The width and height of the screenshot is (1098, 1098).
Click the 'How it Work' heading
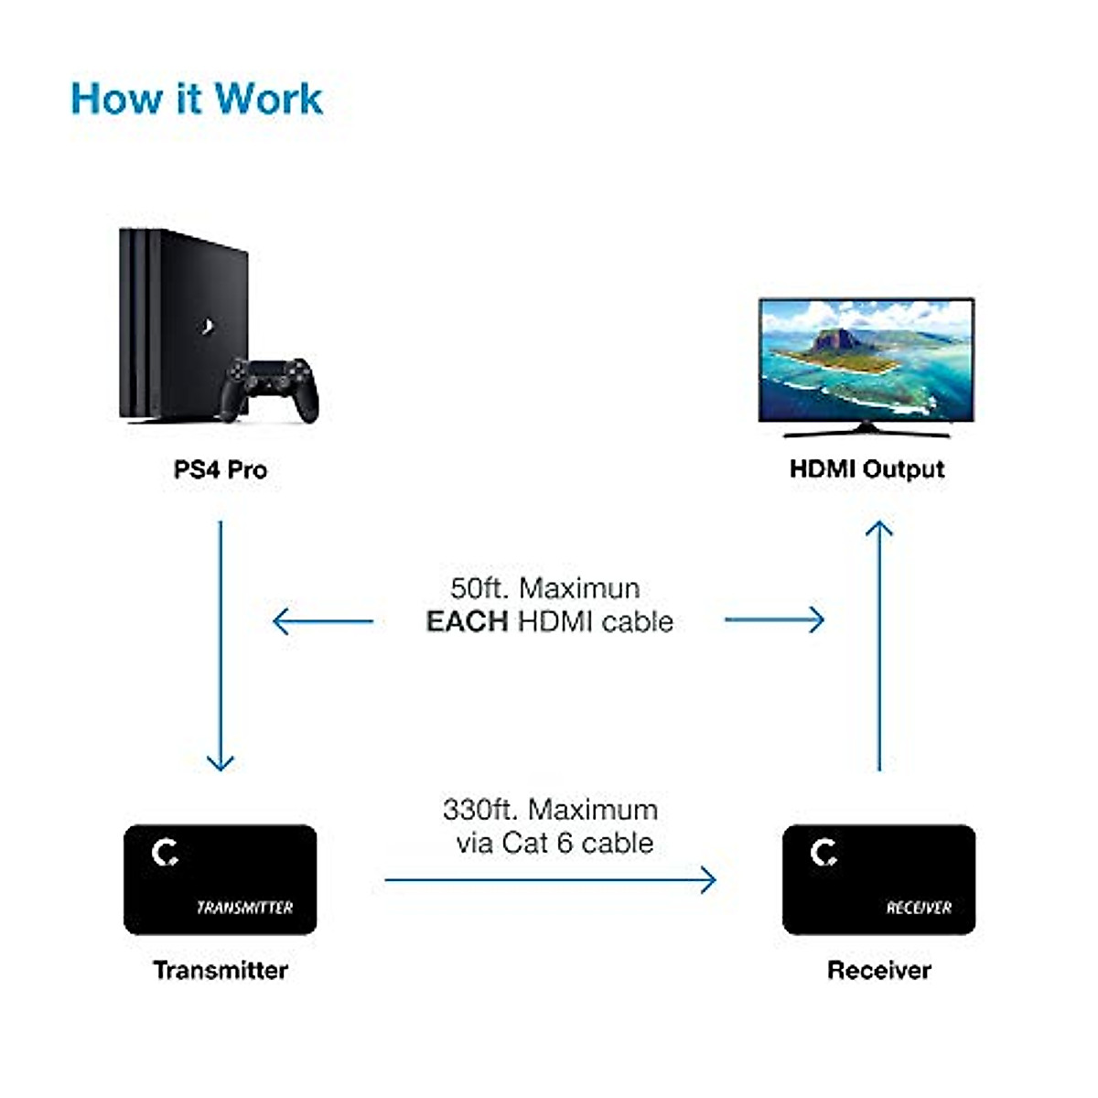[x=197, y=99]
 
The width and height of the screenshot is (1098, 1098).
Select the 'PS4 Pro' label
[x=221, y=470]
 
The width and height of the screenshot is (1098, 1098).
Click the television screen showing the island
[x=867, y=361]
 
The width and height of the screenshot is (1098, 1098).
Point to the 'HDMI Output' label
[x=867, y=469]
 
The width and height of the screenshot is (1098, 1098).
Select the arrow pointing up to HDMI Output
[x=879, y=645]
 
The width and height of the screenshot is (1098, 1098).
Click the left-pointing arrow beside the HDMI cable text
[x=322, y=621]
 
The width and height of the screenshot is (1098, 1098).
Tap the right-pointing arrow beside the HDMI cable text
[x=774, y=619]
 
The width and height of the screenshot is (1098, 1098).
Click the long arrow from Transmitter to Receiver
[x=550, y=880]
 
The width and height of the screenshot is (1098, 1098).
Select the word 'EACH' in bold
[x=467, y=622]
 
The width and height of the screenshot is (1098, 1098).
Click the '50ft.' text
[x=480, y=588]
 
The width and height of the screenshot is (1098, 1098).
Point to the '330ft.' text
[x=481, y=810]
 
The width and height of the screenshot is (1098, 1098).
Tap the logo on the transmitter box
[x=166, y=854]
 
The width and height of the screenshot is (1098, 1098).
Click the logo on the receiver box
[x=823, y=854]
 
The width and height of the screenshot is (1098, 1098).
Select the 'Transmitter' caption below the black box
[x=221, y=970]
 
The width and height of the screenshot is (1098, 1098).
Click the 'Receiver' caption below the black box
[x=879, y=970]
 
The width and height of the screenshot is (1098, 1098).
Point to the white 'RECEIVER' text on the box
[x=919, y=908]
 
